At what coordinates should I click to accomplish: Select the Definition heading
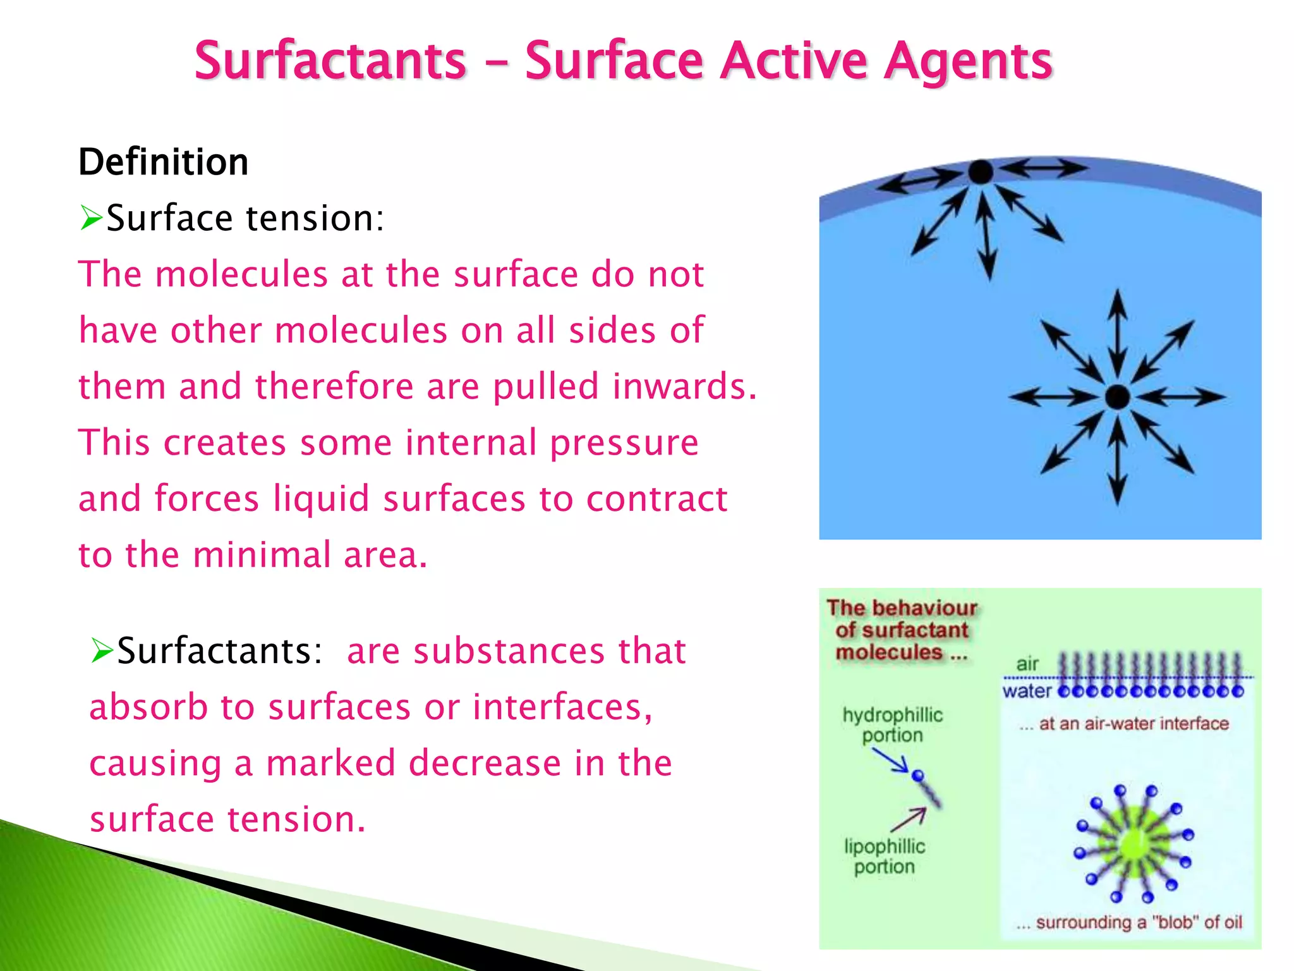[163, 162]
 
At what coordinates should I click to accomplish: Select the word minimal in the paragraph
[262, 555]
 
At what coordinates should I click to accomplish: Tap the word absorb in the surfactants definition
[148, 707]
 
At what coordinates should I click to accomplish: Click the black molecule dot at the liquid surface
[981, 172]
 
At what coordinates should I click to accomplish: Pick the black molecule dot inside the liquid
[1117, 397]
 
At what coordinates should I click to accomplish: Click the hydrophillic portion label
[892, 725]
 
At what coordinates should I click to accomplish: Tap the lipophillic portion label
[884, 857]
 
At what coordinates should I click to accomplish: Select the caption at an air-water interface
[1124, 724]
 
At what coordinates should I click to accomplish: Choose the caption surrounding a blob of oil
[1129, 922]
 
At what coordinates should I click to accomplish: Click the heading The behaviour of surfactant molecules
[901, 630]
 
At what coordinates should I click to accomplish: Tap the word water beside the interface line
[1027, 691]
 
